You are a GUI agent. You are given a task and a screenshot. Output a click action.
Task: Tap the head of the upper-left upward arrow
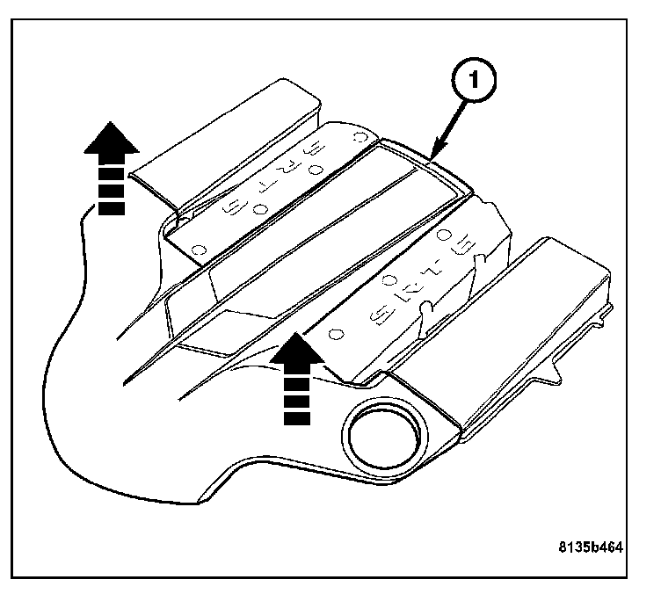[111, 140]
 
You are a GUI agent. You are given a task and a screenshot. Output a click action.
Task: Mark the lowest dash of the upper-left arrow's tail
[111, 208]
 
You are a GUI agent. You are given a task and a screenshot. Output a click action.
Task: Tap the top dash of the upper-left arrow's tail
[111, 172]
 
